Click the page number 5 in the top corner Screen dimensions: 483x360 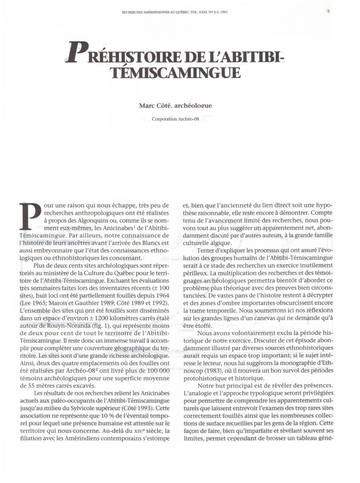pos(328,12)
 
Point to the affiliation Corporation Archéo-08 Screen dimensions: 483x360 pos(175,119)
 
